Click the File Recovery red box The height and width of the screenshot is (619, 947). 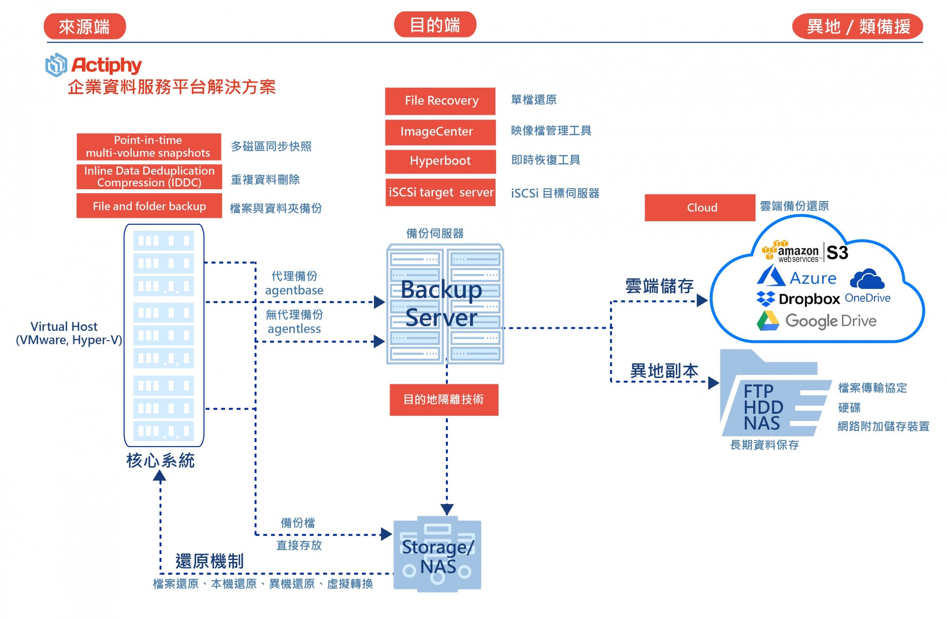[x=440, y=101]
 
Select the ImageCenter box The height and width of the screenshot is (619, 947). [x=440, y=132]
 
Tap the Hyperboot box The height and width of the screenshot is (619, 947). [x=440, y=161]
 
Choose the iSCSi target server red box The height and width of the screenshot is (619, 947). [x=440, y=192]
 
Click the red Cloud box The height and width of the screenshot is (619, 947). [x=699, y=207]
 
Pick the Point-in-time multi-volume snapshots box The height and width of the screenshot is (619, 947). [x=148, y=146]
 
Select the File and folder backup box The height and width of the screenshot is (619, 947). [x=148, y=206]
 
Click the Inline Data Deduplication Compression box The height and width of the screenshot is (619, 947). [x=148, y=176]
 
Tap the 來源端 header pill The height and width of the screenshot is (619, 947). [x=85, y=26]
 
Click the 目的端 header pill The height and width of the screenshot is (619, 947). [x=435, y=25]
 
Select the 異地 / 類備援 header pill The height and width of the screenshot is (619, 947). [x=857, y=26]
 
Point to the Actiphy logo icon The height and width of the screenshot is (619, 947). [x=56, y=65]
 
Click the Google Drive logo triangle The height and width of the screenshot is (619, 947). [x=767, y=321]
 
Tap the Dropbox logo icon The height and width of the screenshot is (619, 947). [x=765, y=299]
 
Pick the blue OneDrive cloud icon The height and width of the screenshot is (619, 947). [x=867, y=279]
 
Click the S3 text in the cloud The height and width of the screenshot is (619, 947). [x=837, y=252]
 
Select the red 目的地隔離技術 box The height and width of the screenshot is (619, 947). [x=443, y=400]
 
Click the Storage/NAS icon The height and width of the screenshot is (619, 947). [x=437, y=554]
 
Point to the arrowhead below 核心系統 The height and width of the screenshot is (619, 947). [x=159, y=476]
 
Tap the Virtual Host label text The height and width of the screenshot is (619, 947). [x=64, y=326]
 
